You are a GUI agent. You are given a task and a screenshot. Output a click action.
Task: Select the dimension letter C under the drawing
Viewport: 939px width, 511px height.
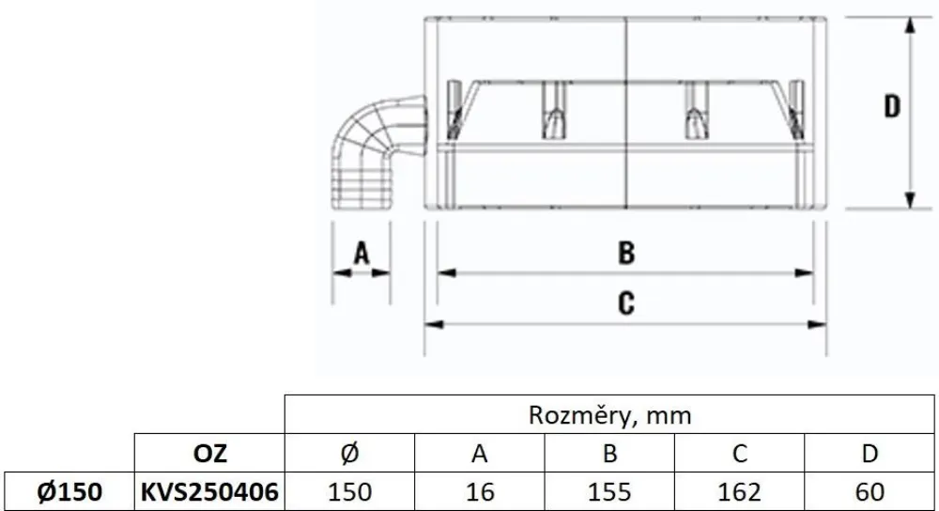[626, 302]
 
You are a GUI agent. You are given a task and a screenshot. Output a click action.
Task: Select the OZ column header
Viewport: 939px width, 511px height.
[209, 454]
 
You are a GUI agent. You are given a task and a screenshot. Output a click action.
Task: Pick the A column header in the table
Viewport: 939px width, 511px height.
[480, 454]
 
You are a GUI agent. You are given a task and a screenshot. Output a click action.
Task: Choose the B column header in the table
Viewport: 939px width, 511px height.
[609, 454]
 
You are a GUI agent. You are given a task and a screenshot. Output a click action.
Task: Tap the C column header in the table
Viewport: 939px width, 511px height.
[740, 454]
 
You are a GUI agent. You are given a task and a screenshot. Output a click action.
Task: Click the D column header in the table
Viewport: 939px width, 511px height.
[870, 454]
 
